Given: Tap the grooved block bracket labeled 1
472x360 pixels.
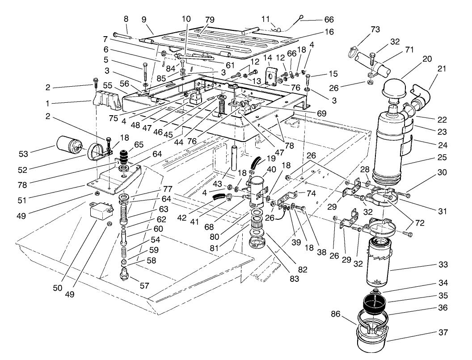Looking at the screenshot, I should (x=109, y=100).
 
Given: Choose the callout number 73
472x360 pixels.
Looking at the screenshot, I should (x=375, y=29).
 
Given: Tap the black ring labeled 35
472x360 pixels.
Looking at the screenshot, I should (x=374, y=301).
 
